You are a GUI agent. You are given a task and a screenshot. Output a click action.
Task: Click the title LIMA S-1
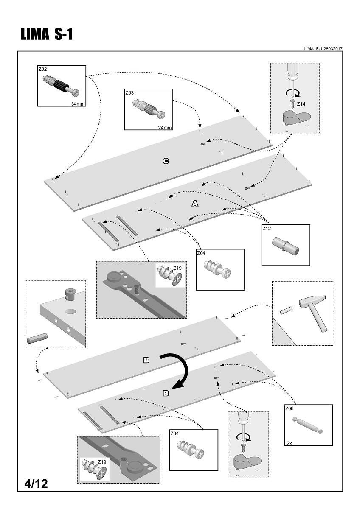click(47, 35)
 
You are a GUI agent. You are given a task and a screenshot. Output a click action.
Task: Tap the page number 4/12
click(36, 483)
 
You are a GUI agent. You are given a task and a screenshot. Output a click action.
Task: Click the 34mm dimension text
click(78, 103)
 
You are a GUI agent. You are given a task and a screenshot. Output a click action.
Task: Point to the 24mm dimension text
click(165, 127)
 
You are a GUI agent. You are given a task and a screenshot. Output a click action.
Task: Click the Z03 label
click(129, 92)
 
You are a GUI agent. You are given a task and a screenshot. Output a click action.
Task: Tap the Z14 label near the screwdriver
click(301, 103)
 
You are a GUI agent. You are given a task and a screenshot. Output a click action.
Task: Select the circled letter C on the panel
click(166, 161)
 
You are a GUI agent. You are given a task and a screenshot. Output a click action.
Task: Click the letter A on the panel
click(195, 204)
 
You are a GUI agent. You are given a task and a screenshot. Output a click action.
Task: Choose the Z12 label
click(267, 228)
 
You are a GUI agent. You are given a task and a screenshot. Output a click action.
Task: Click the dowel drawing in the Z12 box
click(285, 246)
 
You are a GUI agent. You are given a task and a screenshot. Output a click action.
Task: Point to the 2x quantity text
click(289, 443)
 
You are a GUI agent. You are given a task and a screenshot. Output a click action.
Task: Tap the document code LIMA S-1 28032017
click(323, 49)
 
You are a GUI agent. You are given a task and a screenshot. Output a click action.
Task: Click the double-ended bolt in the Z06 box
click(308, 425)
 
